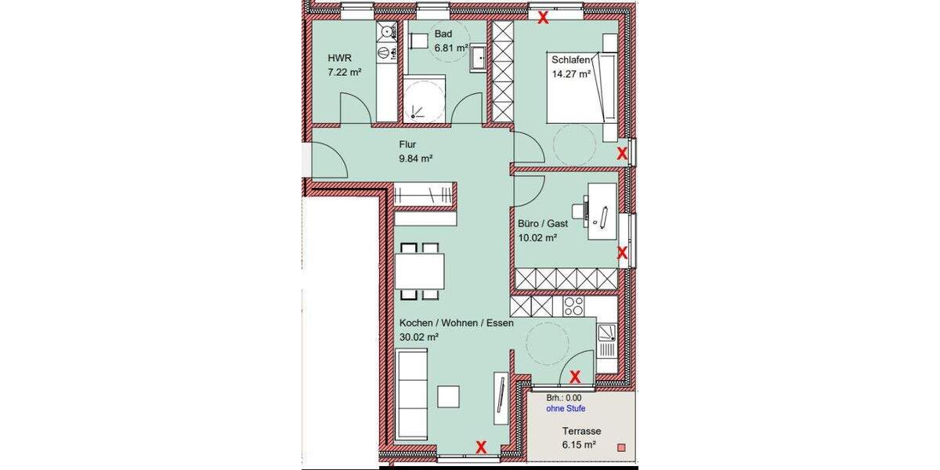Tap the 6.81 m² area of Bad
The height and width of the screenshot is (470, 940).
click(451, 47)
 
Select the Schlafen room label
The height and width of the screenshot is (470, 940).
click(569, 60)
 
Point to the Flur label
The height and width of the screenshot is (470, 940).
click(407, 144)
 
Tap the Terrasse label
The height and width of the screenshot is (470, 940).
click(580, 432)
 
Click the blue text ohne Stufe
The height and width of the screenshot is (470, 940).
click(566, 409)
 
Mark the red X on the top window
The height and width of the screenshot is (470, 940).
click(541, 18)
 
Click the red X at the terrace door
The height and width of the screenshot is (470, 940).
click(574, 377)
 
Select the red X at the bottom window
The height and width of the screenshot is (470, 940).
click(482, 447)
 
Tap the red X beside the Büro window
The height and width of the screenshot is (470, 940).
click(622, 252)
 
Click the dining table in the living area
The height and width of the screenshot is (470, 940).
click(419, 271)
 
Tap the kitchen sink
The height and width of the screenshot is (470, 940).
click(607, 340)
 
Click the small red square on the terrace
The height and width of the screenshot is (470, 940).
click(621, 447)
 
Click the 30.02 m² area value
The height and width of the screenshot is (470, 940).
click(418, 337)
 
